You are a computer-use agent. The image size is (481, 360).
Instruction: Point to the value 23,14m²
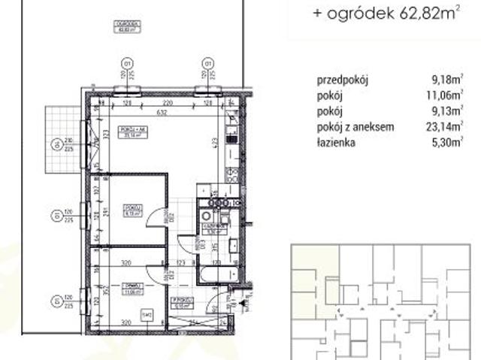coord(441,128)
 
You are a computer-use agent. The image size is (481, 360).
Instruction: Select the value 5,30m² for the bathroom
coord(443,145)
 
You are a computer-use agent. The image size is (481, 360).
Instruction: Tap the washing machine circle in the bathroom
coord(205,216)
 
